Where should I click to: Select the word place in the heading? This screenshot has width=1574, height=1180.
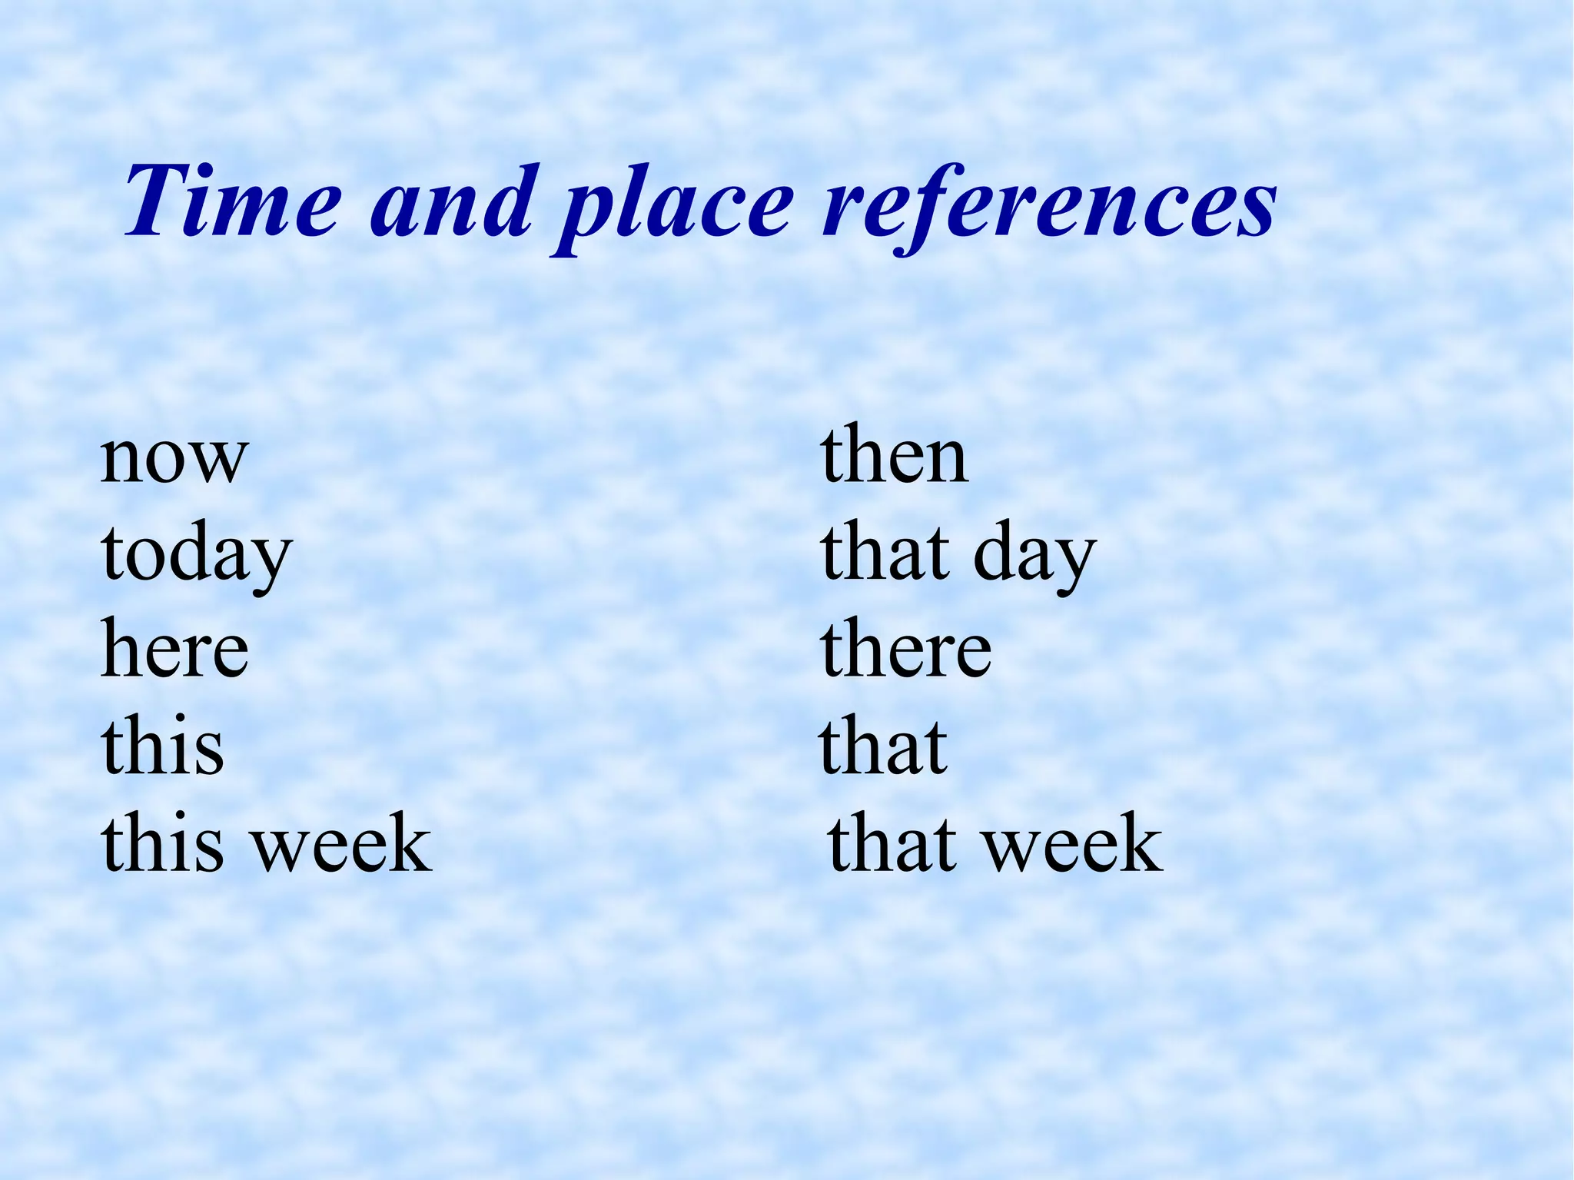click(677, 208)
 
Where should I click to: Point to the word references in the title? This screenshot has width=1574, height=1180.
click(1048, 201)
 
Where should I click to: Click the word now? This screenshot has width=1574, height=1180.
click(174, 458)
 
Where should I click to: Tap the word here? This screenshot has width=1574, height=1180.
click(175, 650)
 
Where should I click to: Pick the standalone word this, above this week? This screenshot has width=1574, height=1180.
click(162, 746)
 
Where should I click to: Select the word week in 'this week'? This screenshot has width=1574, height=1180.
click(343, 843)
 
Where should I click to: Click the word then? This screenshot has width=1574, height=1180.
click(895, 457)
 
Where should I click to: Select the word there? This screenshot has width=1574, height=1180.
click(906, 650)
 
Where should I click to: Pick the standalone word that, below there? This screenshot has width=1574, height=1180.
click(884, 746)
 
